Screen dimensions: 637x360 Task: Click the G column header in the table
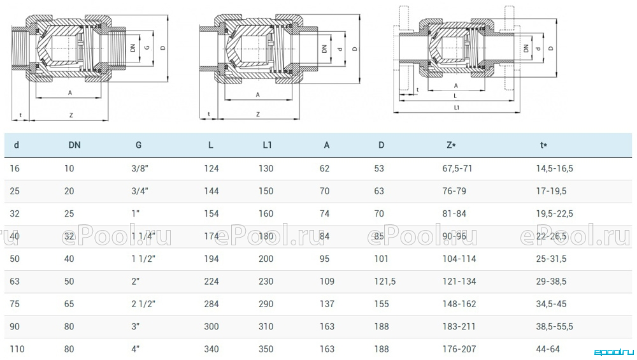[138, 145]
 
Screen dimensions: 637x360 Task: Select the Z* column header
[451, 145]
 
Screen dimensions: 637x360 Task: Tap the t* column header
[543, 145]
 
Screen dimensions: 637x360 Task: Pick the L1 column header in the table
[267, 145]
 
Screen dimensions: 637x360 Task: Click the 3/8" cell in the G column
[140, 169]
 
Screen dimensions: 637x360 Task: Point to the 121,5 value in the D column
[385, 282]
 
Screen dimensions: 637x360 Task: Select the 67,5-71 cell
[457, 169]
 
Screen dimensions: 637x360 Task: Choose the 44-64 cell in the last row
[548, 349]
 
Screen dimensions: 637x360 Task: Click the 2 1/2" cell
[143, 304]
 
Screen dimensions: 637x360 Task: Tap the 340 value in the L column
[211, 349]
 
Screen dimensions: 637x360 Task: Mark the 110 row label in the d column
[17, 349]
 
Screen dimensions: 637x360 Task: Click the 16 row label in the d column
[15, 169]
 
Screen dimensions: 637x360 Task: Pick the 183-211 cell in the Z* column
[459, 327]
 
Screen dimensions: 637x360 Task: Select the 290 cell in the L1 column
[266, 304]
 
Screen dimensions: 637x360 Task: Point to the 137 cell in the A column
[327, 304]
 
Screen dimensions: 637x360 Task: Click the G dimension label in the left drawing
[147, 48]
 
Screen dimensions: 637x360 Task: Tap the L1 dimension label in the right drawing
[457, 108]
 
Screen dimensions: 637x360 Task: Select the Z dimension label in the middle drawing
[257, 115]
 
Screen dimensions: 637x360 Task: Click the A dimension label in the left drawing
[70, 93]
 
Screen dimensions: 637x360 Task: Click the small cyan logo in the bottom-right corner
[614, 352]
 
